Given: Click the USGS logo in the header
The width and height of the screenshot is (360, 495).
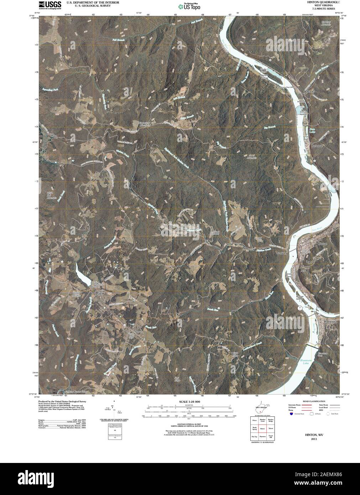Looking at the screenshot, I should coord(45,5).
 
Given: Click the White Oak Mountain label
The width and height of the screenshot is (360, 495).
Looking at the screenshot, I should coord(52,196).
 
